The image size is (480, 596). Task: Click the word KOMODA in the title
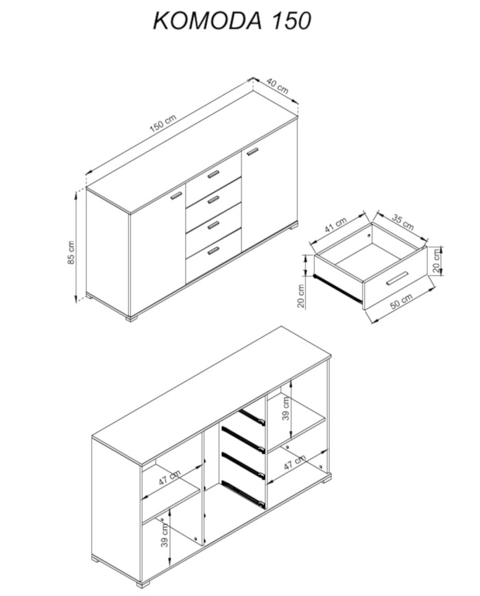click(x=208, y=21)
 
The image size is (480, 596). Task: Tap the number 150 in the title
click(x=291, y=21)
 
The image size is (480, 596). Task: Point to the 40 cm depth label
click(x=277, y=86)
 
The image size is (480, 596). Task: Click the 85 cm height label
click(x=71, y=253)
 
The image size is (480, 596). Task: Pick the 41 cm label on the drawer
click(x=335, y=226)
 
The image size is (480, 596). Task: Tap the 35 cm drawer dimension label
click(x=403, y=222)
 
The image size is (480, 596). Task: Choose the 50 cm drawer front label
click(x=401, y=301)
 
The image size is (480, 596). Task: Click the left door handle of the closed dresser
click(x=177, y=195)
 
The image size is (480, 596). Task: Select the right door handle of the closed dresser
click(x=252, y=151)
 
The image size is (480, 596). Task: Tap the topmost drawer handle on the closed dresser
click(x=213, y=174)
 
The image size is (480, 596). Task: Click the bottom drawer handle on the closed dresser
click(x=213, y=250)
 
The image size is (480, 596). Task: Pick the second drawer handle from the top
click(x=213, y=199)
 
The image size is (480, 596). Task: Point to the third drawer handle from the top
click(x=213, y=226)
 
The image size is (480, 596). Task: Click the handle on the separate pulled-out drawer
click(x=397, y=278)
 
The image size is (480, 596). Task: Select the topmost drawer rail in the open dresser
click(x=251, y=416)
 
